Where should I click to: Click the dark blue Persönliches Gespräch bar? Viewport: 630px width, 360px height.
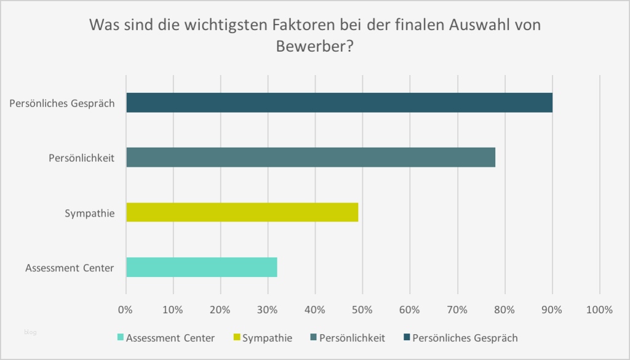click(x=339, y=103)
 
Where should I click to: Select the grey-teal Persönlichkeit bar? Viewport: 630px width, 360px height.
click(x=311, y=158)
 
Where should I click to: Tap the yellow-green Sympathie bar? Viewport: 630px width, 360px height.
click(x=242, y=212)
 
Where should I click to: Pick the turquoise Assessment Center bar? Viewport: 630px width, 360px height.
click(x=201, y=268)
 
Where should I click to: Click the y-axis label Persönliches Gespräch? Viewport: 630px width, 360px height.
click(x=62, y=103)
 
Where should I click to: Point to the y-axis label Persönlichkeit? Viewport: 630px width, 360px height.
click(x=82, y=158)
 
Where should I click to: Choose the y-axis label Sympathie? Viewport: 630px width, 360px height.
click(x=90, y=214)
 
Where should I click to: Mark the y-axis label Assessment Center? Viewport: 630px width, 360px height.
click(x=70, y=268)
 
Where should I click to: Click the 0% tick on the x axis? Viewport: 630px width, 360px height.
click(x=126, y=310)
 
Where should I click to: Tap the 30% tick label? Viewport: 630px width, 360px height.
click(x=268, y=310)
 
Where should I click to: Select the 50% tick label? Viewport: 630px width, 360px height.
click(x=362, y=310)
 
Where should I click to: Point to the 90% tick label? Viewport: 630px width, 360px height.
click(x=552, y=310)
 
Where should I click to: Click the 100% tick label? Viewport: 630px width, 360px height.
click(x=599, y=310)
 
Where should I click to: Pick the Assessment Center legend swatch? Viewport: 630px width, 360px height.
click(x=121, y=338)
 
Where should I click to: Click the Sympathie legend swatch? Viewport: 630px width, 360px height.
click(x=237, y=338)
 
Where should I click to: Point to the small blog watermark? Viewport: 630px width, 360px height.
click(x=31, y=332)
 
